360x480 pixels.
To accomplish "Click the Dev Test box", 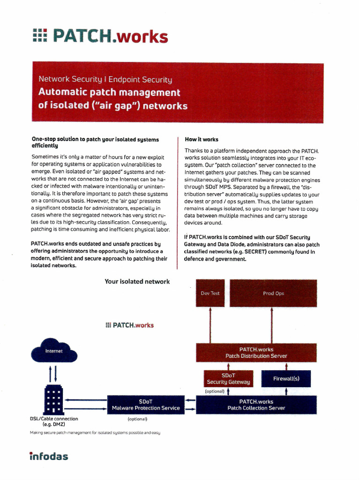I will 210,293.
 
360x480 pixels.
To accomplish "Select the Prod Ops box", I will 273,293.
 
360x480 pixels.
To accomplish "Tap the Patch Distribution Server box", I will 256,352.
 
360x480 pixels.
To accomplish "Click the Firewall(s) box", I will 286,378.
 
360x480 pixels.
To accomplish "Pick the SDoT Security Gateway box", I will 228,379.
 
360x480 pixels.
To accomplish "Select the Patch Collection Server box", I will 256,405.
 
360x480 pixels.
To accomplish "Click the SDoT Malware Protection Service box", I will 146,405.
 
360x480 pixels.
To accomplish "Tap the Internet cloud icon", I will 53,351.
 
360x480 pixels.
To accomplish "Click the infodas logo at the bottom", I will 49,456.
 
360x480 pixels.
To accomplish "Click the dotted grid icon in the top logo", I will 40,36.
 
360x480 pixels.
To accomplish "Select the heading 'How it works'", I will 202,140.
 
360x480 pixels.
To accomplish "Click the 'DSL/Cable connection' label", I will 54,419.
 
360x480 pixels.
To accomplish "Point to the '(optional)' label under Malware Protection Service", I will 137,419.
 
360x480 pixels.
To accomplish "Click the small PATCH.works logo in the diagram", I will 130,325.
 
